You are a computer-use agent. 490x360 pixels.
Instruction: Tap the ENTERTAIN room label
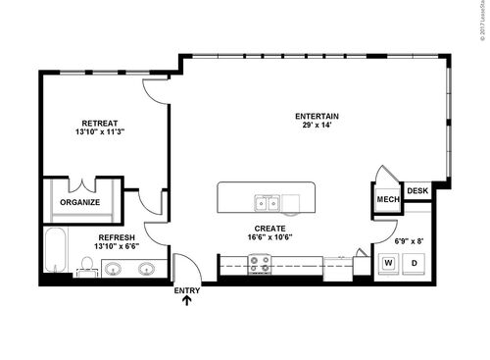click(x=317, y=117)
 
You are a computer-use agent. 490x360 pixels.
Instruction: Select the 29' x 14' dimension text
click(x=317, y=127)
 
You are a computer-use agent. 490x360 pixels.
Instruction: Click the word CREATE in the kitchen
click(x=269, y=228)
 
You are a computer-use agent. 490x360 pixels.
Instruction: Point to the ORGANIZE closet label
click(x=80, y=203)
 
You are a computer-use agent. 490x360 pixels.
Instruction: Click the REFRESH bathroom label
click(x=116, y=237)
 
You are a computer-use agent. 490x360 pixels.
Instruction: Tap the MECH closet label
click(x=386, y=200)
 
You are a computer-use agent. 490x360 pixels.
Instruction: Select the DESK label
click(x=417, y=191)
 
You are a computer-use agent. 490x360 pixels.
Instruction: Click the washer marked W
click(x=388, y=263)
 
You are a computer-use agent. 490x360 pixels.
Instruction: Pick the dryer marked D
click(x=414, y=263)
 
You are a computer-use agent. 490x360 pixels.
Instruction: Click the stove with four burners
click(x=260, y=263)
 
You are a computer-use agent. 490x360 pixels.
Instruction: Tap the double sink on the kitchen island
click(x=266, y=203)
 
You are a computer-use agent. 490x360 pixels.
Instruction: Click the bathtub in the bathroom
click(x=56, y=251)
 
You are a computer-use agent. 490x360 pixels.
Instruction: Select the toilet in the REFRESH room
click(x=87, y=266)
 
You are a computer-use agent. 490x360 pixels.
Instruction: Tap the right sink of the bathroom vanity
click(x=147, y=268)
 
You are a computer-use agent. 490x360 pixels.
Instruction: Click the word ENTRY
click(x=186, y=290)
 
